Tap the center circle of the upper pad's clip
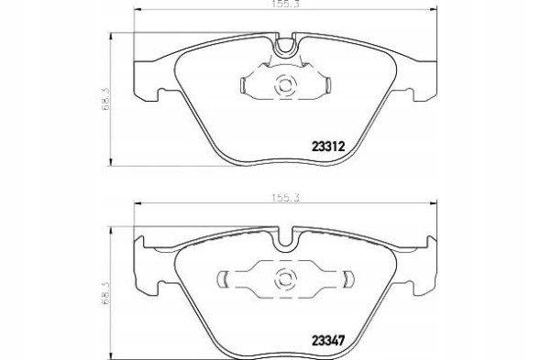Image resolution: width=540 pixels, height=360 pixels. pyautogui.click(x=283, y=87)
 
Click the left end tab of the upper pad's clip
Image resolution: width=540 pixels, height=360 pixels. pyautogui.click(x=243, y=87)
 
